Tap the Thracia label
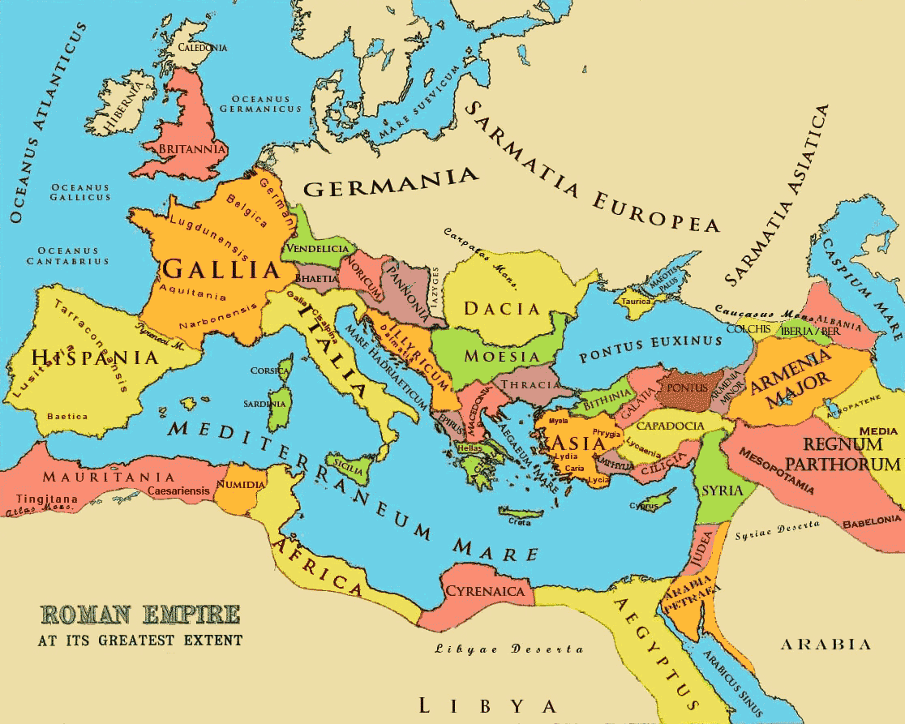tap(530, 384)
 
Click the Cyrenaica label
tap(485, 591)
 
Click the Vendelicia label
tap(318, 249)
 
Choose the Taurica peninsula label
tap(636, 301)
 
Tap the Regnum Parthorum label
tap(851, 454)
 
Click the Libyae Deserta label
tap(508, 649)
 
